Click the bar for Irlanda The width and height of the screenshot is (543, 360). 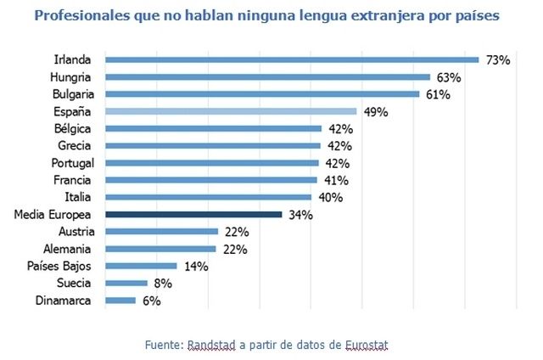pos(292,59)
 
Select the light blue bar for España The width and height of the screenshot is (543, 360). pos(230,111)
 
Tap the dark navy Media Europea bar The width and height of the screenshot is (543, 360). pos(193,215)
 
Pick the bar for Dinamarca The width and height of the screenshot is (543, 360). pos(120,301)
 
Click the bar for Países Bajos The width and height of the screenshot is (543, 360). pos(141,266)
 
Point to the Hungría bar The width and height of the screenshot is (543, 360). pos(267,76)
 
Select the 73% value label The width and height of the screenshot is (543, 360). pos(498,60)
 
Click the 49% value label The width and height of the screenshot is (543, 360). pos(375,112)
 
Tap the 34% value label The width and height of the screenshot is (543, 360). pos(300,216)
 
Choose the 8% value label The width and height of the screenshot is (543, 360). pos(157,284)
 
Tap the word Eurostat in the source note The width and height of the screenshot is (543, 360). pos(368,345)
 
